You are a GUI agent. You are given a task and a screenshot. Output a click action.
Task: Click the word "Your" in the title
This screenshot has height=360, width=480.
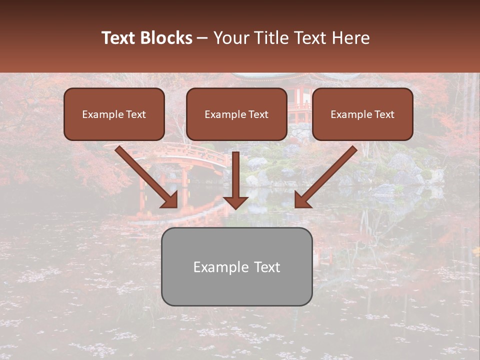[x=231, y=38]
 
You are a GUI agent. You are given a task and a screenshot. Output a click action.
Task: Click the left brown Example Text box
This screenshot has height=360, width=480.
[x=114, y=114]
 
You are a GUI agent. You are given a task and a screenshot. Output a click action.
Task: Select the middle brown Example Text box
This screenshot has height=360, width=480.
[x=236, y=114]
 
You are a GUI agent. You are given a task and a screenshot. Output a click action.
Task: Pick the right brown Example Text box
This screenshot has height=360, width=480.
[x=362, y=114]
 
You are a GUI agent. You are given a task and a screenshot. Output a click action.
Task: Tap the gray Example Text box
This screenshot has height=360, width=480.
[x=236, y=266]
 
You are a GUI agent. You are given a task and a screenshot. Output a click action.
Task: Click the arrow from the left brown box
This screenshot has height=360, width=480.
[x=145, y=176]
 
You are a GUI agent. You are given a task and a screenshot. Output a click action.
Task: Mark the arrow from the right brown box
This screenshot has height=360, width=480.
[x=327, y=176]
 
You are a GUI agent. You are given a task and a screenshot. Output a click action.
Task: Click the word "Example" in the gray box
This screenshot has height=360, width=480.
[x=220, y=267]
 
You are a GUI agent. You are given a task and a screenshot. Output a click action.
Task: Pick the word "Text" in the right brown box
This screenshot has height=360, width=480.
[x=384, y=114]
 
